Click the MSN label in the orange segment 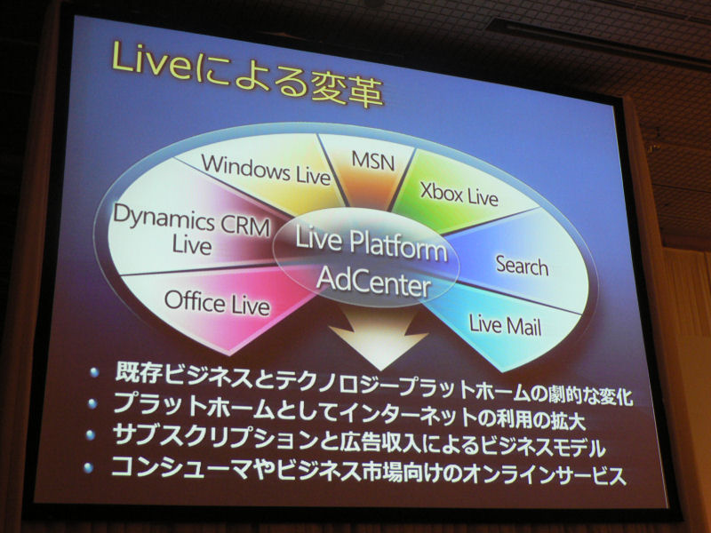coord(372,161)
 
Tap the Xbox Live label coord(459,194)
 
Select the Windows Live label coord(266,170)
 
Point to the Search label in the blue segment coord(522,264)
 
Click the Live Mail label coord(505,324)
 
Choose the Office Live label coord(217,302)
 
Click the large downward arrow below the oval coord(379,336)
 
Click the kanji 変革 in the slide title coord(347,90)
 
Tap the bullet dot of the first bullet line coord(94,372)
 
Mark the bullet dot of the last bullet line coord(88,468)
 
